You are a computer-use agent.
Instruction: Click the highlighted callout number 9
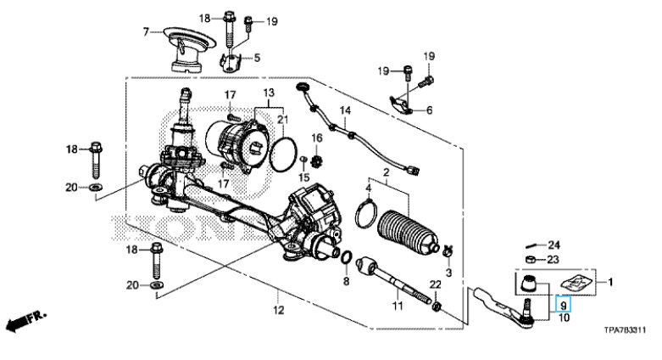point(563,302)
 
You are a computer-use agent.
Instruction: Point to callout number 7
point(146,32)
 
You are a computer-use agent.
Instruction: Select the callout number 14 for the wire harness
point(345,111)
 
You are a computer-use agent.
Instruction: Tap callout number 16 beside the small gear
point(317,138)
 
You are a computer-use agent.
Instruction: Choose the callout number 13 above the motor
point(268,92)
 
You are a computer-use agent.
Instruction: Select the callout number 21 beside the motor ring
point(281,119)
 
